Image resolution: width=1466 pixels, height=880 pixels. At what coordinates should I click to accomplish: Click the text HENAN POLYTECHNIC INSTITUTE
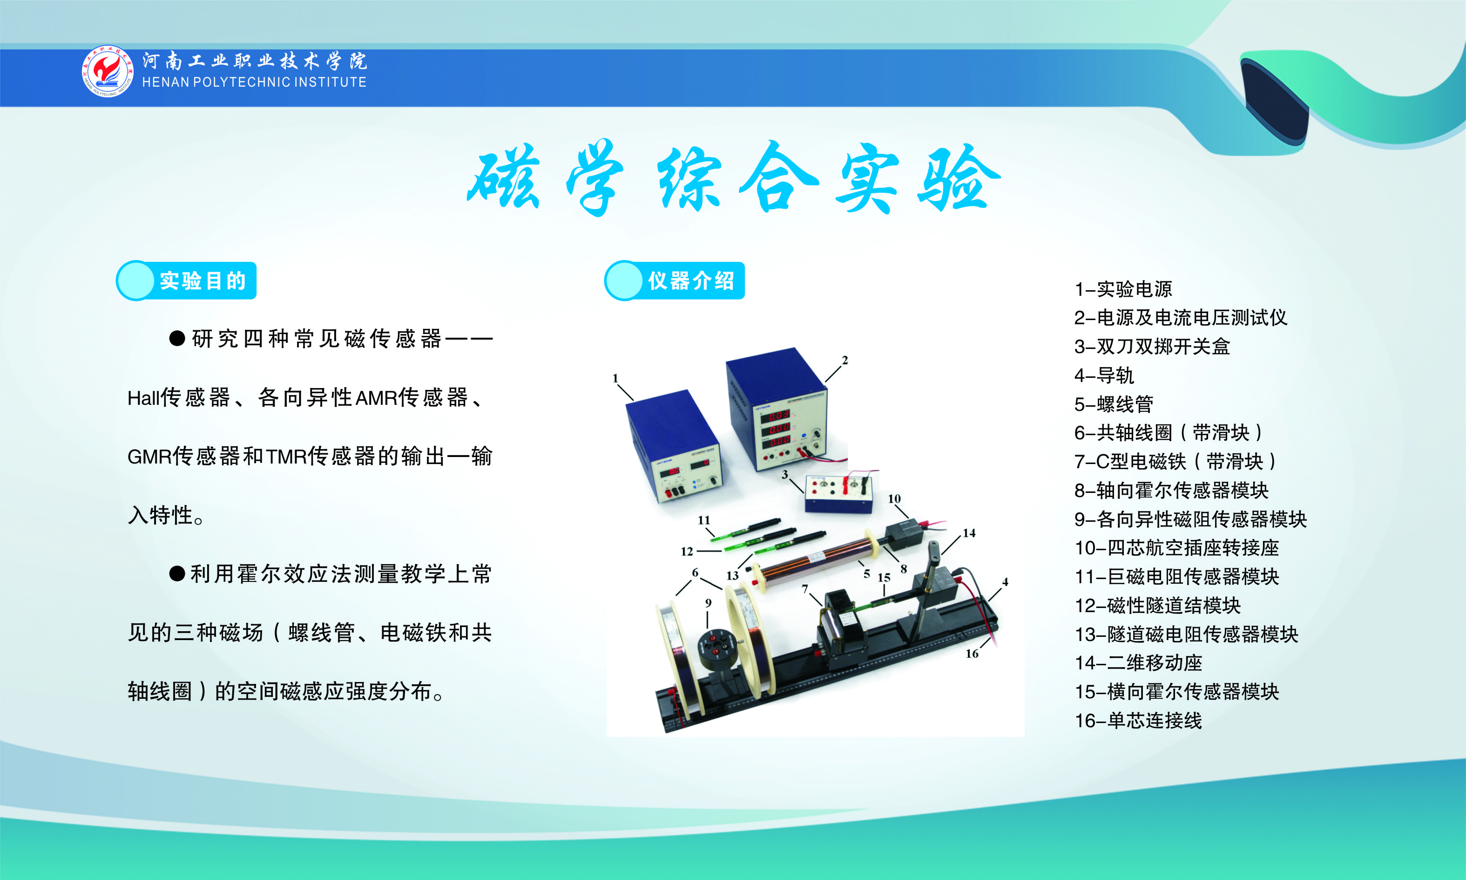click(254, 82)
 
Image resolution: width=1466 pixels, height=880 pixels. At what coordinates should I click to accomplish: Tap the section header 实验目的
click(202, 280)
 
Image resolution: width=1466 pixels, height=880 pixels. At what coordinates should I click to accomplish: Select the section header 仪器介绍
click(691, 280)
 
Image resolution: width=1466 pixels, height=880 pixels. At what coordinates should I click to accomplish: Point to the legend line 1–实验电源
click(1123, 289)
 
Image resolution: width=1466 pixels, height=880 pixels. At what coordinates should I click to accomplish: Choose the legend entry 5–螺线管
click(1114, 404)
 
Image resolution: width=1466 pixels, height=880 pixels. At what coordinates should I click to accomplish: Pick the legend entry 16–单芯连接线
click(1138, 721)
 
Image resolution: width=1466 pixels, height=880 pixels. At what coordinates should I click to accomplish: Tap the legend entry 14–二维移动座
click(1138, 662)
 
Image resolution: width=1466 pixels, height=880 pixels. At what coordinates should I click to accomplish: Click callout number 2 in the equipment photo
click(845, 360)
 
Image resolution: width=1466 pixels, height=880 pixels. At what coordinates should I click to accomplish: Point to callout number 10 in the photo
click(894, 499)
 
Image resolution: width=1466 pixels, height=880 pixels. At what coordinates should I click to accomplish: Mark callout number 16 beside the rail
click(972, 654)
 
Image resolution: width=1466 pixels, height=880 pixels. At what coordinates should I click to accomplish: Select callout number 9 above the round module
click(708, 602)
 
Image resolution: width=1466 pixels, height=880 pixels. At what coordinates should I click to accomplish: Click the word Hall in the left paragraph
click(143, 398)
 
